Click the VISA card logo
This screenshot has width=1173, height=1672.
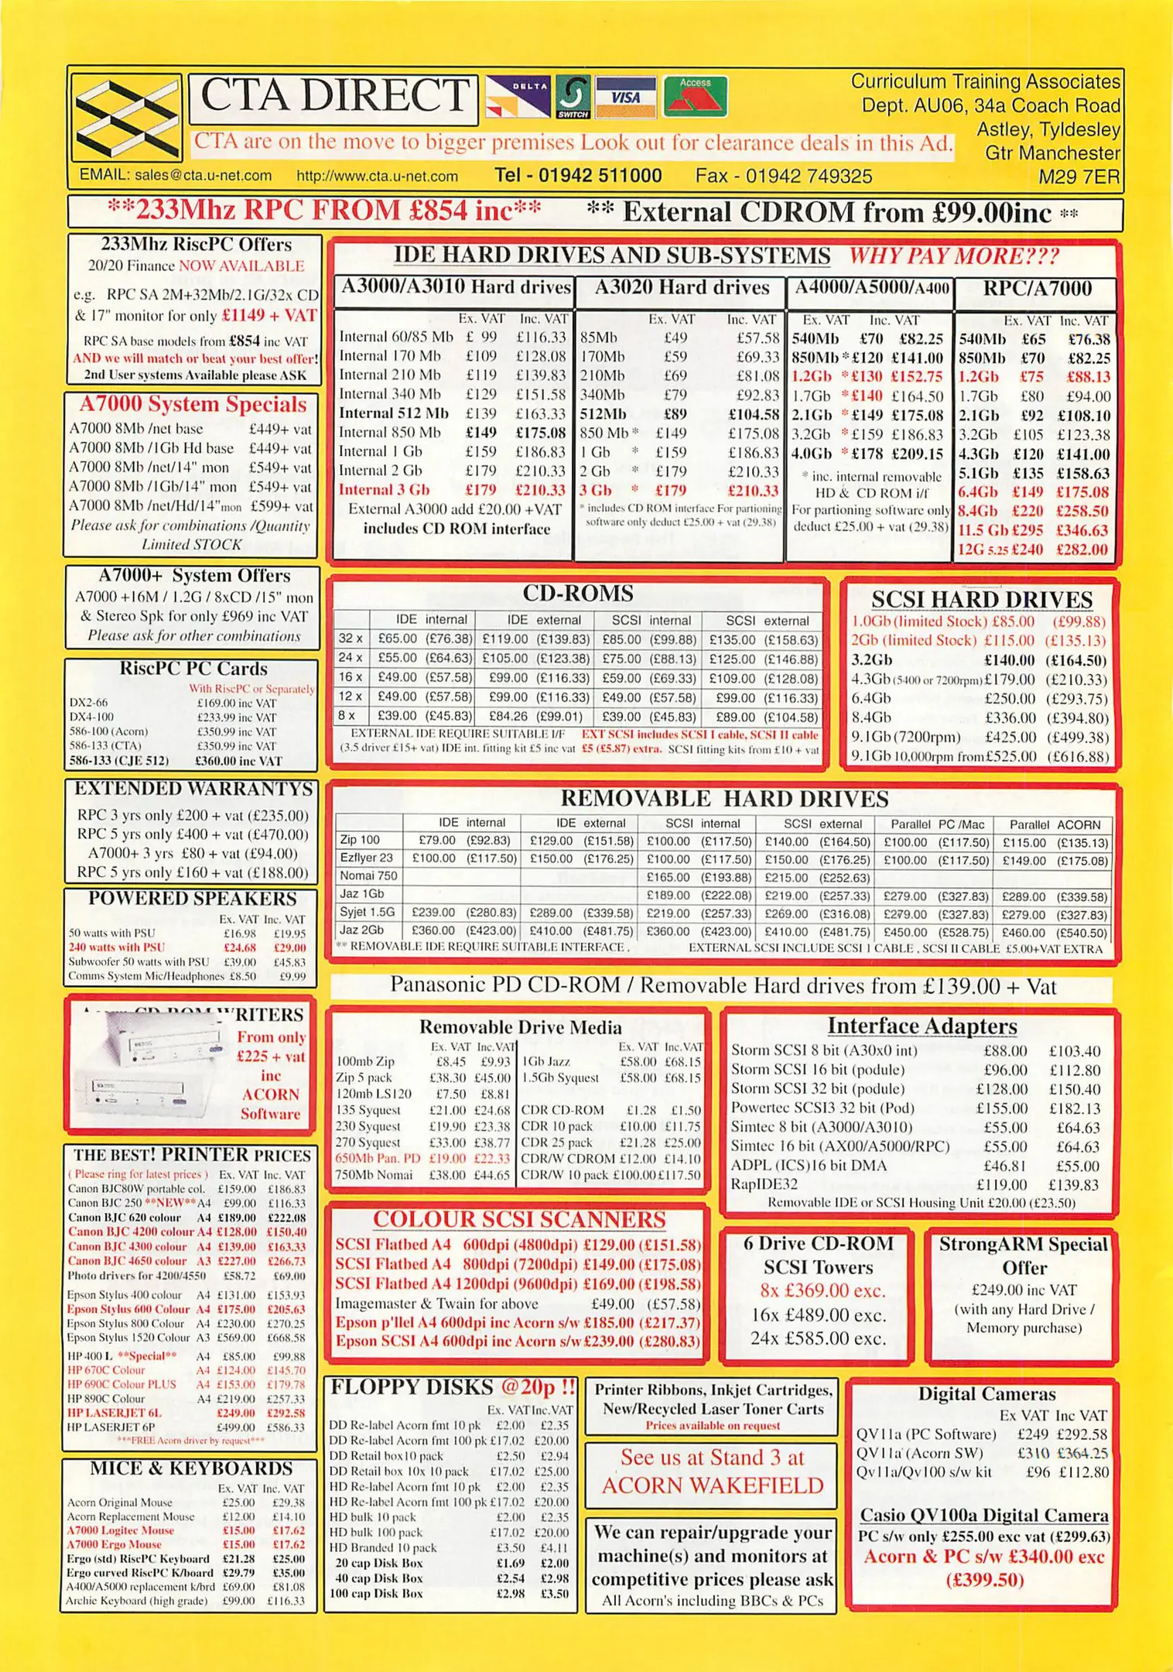coord(626,98)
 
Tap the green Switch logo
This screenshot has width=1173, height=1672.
coord(573,97)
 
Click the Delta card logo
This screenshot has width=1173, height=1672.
coord(518,97)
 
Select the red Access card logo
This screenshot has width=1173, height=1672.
coord(696,96)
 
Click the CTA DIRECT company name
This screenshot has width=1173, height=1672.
coord(333,97)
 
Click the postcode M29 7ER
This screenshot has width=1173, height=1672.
coord(1079,176)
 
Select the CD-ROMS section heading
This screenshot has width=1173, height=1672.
coord(577,594)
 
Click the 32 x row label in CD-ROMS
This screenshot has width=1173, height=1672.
coord(351,639)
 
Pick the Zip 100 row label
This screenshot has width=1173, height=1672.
coord(360,840)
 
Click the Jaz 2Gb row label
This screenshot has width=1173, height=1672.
coord(361,930)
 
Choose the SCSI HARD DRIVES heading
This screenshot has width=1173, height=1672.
coord(981,600)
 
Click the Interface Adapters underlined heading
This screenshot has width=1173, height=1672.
coord(922,1026)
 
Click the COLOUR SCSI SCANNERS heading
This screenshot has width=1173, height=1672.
coord(518,1220)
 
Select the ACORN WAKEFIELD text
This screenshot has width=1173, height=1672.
coord(712,1485)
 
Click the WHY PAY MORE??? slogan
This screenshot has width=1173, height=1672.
coord(953,256)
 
